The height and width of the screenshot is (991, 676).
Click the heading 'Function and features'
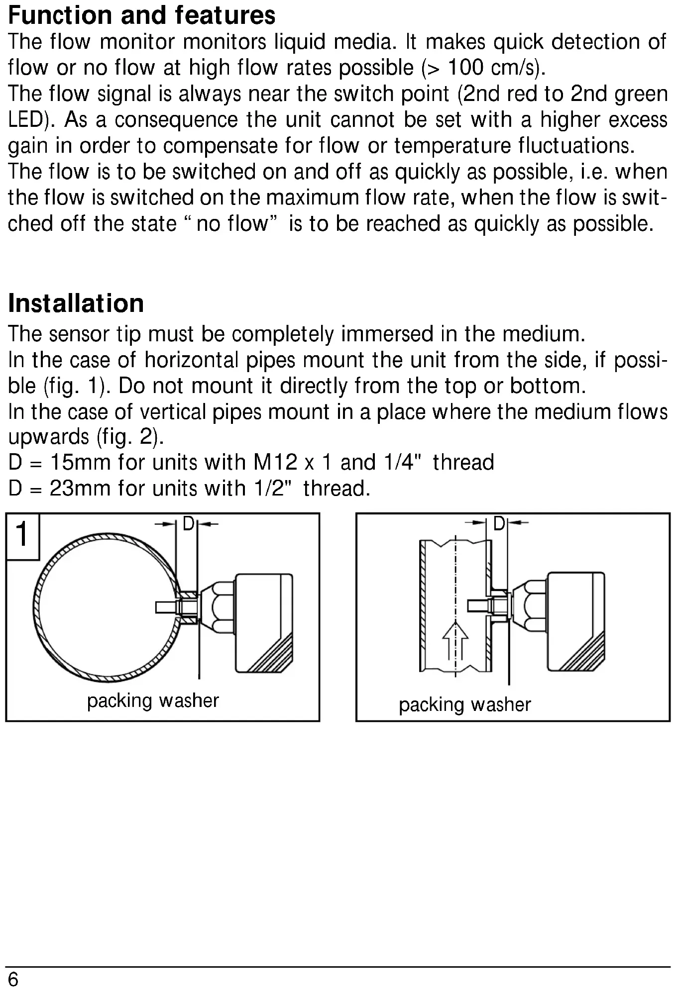142,15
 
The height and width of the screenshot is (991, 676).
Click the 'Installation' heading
76,303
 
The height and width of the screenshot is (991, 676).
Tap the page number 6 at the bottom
13,980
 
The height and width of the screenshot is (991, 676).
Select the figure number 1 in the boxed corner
22,535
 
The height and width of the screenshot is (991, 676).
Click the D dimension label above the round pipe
188,523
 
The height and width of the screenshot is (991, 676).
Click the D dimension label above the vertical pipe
499,523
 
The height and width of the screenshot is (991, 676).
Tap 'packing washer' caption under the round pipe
153,700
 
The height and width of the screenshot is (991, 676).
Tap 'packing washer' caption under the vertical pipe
465,704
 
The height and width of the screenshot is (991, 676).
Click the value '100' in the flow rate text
466,68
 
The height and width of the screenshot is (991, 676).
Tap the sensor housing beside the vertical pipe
576,621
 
